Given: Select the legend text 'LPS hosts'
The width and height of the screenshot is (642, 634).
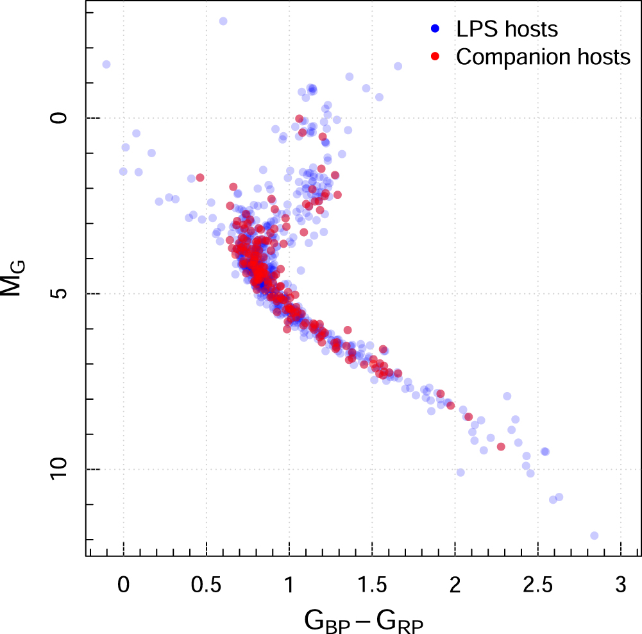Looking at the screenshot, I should click(x=507, y=29).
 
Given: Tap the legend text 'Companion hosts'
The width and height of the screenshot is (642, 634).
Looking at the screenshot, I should click(x=543, y=56).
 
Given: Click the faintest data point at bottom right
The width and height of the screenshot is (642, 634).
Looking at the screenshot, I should click(x=594, y=535).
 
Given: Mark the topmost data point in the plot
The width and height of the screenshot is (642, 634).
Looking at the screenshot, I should click(x=223, y=21).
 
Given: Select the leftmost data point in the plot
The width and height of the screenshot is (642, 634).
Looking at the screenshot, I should click(x=106, y=64).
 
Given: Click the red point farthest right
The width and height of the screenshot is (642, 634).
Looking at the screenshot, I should click(x=501, y=447).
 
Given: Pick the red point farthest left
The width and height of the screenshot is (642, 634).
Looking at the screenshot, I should click(x=200, y=177).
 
